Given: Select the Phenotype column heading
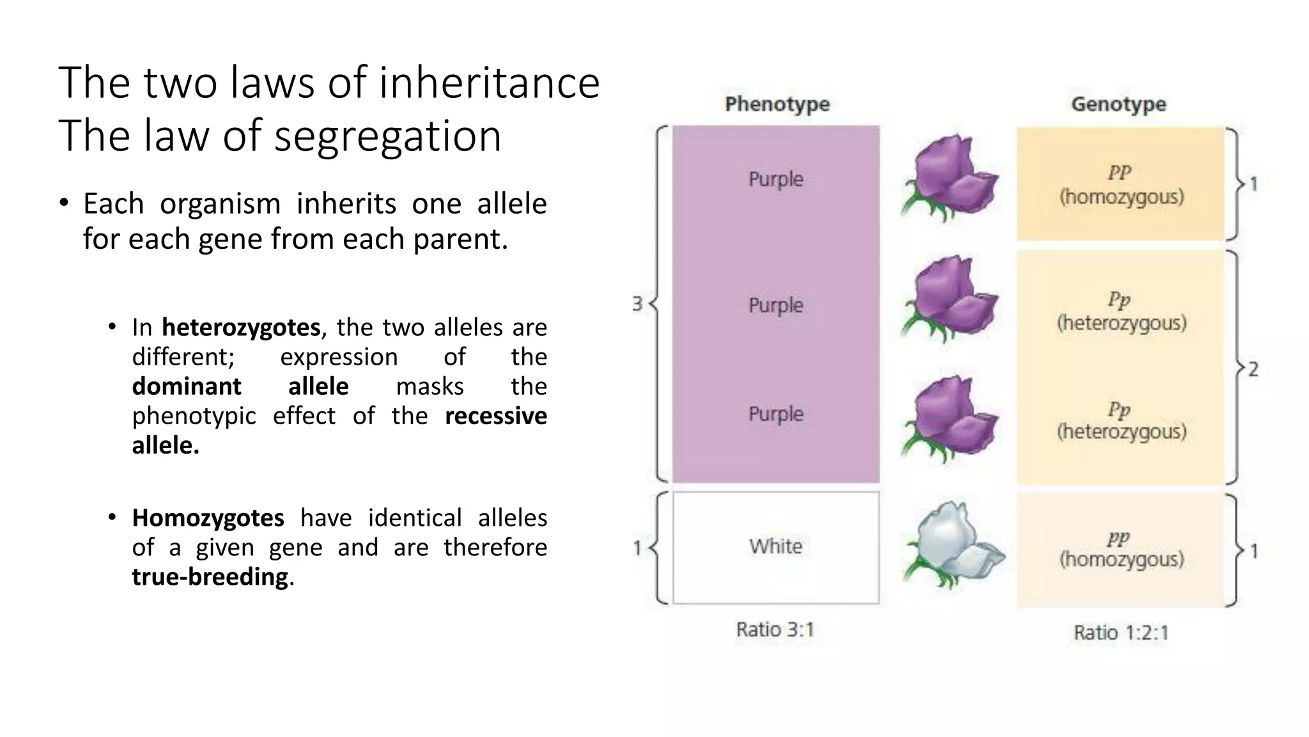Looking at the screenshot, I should point(777,104).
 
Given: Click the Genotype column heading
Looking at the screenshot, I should point(1119,104).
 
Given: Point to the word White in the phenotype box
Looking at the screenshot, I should point(775,546).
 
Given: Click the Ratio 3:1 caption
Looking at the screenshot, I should point(775,630).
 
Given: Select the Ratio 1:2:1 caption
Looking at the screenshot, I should point(1121,633).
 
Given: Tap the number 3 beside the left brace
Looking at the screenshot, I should point(637,304).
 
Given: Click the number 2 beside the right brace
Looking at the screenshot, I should point(1253,369).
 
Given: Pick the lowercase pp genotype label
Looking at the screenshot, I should point(1119,538).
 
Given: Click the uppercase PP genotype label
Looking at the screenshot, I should point(1119,173).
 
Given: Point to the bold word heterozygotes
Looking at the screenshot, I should point(241,328).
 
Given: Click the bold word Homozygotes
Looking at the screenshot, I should point(208,518).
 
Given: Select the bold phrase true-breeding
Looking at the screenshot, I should point(210,577).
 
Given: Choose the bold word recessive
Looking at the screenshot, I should point(495,416).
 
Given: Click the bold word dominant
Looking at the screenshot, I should point(187,386).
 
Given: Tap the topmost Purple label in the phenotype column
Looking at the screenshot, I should point(775,179).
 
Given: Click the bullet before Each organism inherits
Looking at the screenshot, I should point(63,204).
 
